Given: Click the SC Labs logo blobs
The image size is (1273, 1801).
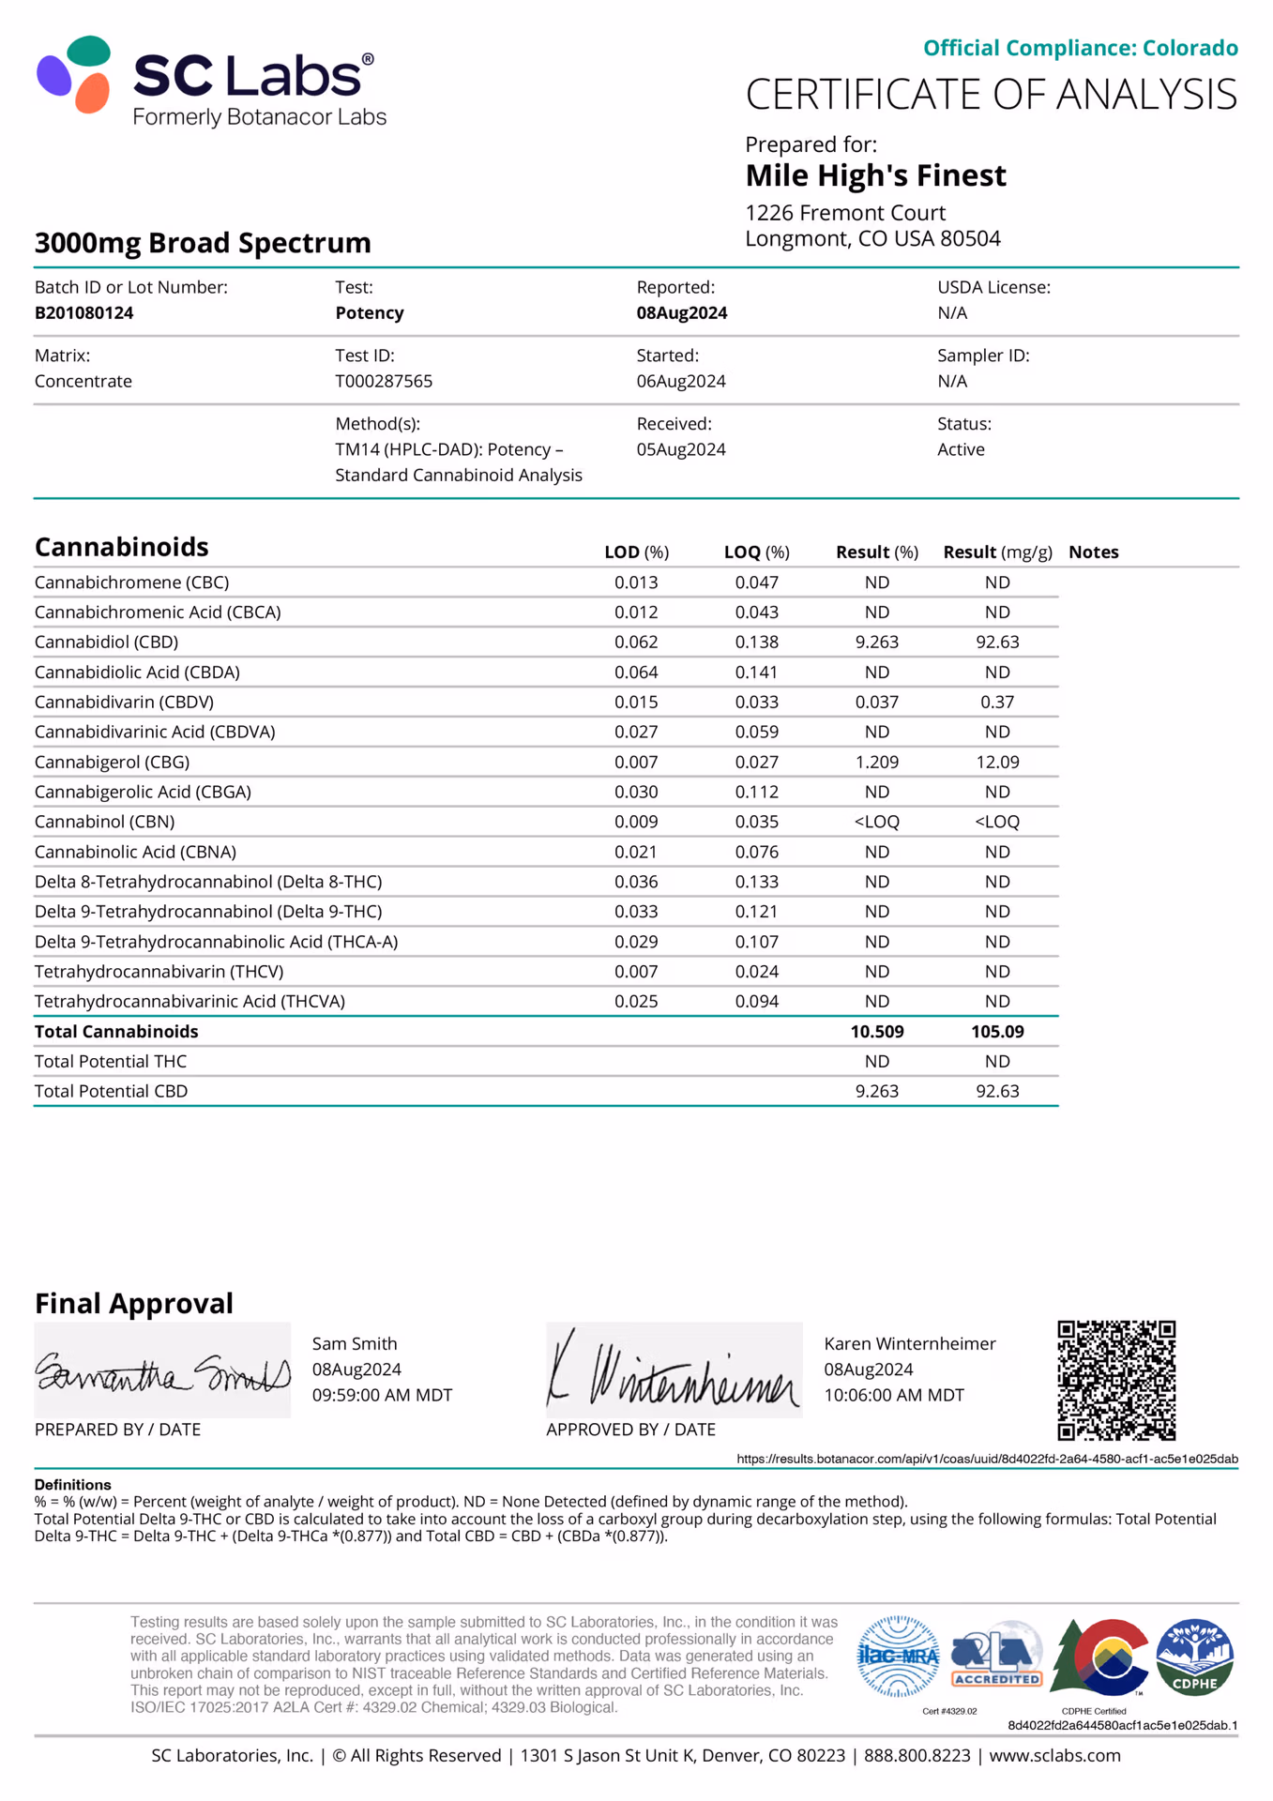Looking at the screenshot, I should [74, 75].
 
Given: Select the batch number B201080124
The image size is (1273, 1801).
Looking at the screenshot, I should [83, 313].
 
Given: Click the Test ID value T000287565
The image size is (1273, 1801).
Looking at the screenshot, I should [384, 382].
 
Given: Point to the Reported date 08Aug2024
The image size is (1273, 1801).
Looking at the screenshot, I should [682, 313].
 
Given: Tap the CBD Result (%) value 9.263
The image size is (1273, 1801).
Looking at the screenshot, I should [876, 643].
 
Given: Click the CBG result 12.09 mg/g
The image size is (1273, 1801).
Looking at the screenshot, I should [996, 763].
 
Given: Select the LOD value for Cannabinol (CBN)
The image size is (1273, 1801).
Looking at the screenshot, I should [636, 822].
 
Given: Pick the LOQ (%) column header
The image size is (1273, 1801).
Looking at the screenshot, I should [756, 552].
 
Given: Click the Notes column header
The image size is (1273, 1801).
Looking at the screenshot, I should [1093, 552].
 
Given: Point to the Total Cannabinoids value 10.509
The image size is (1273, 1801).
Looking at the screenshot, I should [876, 1032].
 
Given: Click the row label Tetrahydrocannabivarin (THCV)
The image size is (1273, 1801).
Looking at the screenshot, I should [159, 972].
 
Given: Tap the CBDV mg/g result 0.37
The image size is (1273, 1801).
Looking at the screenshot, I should [996, 703].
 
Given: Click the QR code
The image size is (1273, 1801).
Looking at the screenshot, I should [1115, 1380].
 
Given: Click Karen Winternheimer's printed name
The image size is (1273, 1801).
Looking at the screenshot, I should [909, 1344].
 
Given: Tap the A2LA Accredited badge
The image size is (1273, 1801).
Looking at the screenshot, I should [996, 1658].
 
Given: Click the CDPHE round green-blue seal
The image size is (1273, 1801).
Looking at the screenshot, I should [1194, 1657].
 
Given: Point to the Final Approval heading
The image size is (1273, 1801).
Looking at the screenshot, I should [134, 1304].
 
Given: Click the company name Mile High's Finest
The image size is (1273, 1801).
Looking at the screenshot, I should [875, 176].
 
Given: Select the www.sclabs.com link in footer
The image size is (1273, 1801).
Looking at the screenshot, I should [1054, 1756].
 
